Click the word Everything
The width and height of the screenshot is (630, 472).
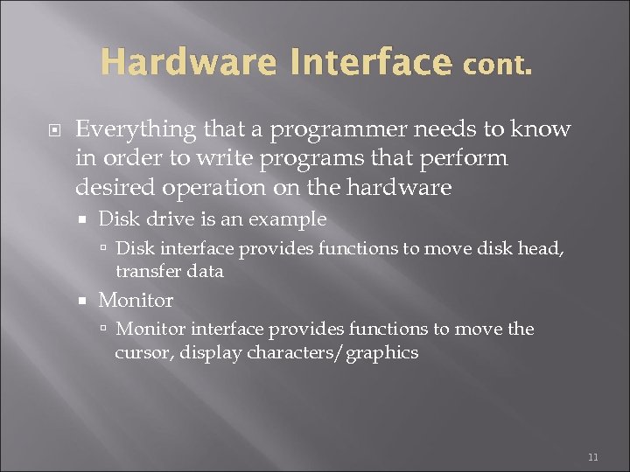[x=136, y=129]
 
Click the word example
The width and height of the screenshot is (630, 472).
[x=287, y=219]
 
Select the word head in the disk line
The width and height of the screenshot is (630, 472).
[x=542, y=249]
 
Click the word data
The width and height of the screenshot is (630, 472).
[x=206, y=271]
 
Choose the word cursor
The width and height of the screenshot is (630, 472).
[x=140, y=352]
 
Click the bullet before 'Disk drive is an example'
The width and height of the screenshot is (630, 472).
[x=84, y=219]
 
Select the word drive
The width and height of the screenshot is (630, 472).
[x=164, y=219]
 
